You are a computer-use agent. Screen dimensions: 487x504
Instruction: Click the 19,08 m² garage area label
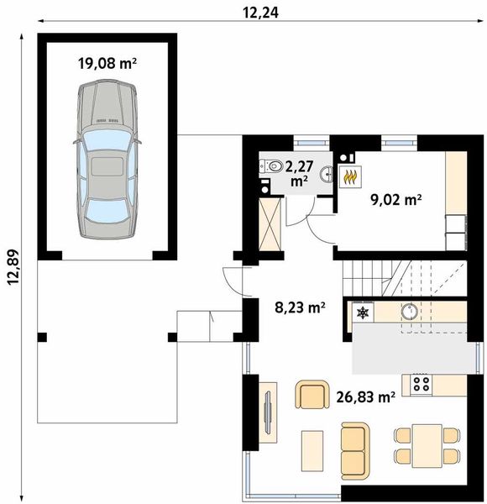(107, 63)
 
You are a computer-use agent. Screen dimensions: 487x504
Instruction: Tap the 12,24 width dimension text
(260, 13)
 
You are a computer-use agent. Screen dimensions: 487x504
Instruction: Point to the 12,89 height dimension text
(14, 267)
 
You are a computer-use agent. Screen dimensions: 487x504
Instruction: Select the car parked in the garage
(107, 159)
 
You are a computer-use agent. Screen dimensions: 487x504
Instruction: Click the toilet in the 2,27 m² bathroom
(270, 166)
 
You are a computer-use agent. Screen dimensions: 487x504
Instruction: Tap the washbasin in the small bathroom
(326, 175)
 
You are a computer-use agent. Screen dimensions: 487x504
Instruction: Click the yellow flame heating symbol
(350, 176)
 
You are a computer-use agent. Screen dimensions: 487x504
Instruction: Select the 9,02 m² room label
(395, 200)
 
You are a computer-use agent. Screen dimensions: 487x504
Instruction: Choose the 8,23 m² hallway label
(300, 307)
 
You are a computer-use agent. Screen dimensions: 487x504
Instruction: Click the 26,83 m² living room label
(365, 397)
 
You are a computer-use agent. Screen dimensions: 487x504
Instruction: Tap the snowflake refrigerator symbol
(363, 312)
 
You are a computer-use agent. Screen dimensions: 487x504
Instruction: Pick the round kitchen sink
(409, 311)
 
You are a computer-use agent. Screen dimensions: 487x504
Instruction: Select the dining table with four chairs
(427, 446)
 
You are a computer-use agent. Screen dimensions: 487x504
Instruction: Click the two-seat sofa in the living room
(355, 450)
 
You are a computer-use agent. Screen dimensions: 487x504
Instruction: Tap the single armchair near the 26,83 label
(312, 395)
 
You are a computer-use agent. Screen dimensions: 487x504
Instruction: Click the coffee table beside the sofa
(312, 450)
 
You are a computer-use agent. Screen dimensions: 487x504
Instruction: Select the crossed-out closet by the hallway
(270, 224)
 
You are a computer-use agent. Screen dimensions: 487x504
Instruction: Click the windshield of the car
(105, 141)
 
